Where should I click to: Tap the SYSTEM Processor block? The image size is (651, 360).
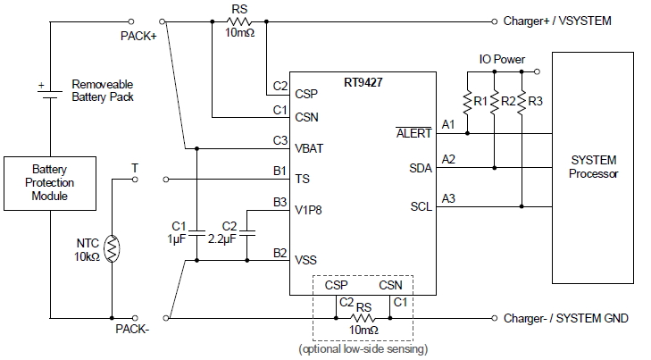tap(593, 167)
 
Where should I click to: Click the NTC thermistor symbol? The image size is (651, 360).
tap(111, 249)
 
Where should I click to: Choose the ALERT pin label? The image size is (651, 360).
tap(413, 134)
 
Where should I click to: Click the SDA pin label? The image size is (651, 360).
tap(421, 167)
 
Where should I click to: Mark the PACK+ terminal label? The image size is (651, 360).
tap(138, 37)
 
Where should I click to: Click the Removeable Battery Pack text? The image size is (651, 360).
tap(103, 89)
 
